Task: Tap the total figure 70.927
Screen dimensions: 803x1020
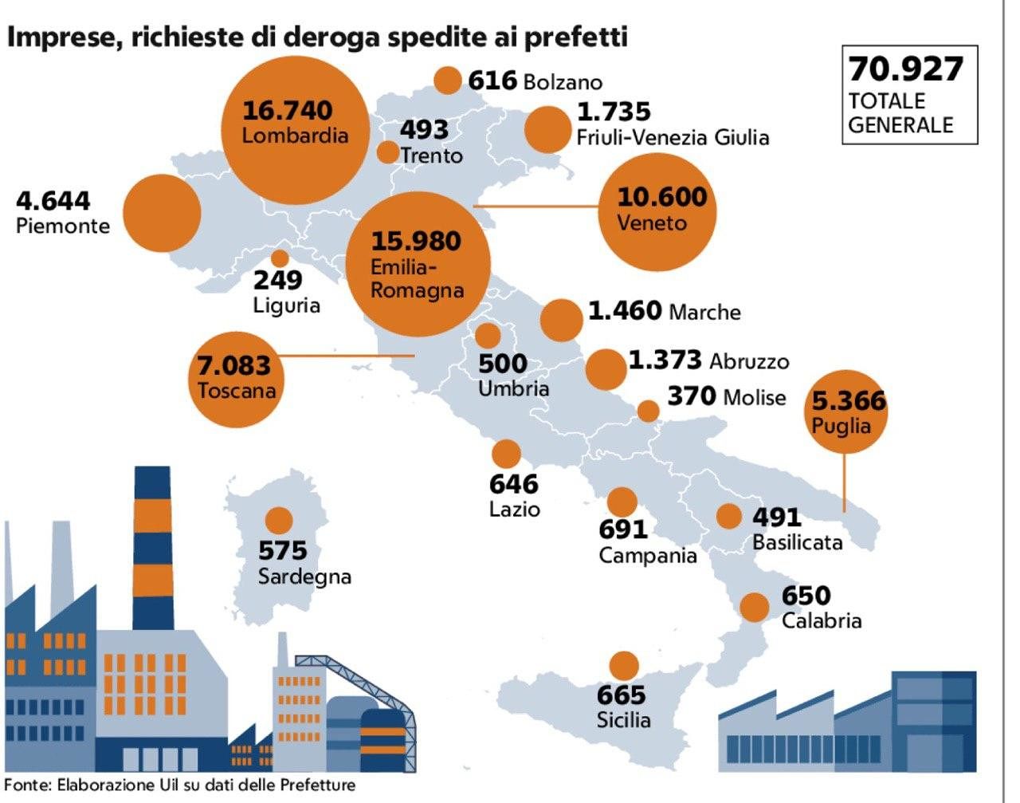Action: pos(905,69)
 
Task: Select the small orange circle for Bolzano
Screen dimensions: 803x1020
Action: pos(448,80)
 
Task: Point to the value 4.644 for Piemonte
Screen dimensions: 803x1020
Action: pos(53,200)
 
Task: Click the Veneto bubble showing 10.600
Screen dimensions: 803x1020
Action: pos(657,210)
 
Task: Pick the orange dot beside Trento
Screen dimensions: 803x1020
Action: pos(387,152)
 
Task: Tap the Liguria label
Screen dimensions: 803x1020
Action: pos(287,305)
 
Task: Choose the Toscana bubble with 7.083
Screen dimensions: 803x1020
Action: pos(237,377)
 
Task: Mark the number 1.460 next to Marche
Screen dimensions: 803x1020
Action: pos(625,310)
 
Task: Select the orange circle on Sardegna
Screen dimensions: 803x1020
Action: pos(279,521)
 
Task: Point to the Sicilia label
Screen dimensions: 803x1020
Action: pos(623,720)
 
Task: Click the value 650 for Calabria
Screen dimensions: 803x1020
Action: pos(806,596)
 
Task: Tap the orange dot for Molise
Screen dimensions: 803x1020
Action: pos(649,411)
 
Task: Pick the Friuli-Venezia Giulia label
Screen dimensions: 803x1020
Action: pos(673,137)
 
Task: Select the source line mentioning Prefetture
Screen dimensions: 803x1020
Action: pos(180,785)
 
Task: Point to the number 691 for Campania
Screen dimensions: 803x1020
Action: pos(623,529)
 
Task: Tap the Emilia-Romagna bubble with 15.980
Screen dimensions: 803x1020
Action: pos(418,264)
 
